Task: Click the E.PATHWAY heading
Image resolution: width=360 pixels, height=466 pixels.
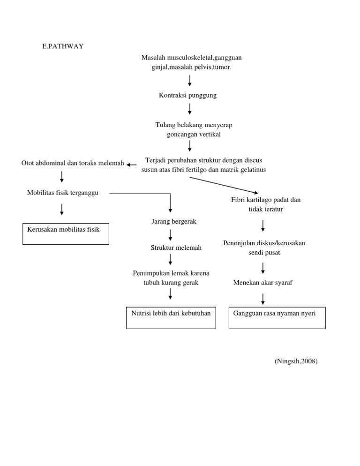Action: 63,46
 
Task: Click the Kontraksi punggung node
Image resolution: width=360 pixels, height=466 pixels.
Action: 188,95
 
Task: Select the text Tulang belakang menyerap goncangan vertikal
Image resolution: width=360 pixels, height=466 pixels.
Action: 194,129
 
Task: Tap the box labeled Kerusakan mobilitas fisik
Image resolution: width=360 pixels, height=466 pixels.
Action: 66,233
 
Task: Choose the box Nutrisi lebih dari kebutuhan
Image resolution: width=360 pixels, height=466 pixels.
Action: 171,317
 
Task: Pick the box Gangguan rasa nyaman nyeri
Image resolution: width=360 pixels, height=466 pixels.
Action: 277,317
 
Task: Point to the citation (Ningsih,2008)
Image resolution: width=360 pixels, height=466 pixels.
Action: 296,361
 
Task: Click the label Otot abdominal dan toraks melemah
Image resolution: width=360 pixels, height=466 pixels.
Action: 73,163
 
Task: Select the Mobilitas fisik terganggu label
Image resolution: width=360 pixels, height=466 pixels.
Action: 63,193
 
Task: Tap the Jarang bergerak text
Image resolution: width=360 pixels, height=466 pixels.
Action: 174,221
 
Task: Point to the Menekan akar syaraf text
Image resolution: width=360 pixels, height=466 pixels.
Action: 262,283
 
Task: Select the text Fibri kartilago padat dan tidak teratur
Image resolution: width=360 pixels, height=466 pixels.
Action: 266,204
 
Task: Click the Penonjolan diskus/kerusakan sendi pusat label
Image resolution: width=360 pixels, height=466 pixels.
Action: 264,248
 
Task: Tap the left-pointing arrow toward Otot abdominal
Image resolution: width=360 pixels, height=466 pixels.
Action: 132,165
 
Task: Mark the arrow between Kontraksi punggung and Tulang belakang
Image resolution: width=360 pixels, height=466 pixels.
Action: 190,109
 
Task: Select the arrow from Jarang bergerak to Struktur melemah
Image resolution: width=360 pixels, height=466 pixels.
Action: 170,234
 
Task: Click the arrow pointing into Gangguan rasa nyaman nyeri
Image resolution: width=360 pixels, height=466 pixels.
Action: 263,299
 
